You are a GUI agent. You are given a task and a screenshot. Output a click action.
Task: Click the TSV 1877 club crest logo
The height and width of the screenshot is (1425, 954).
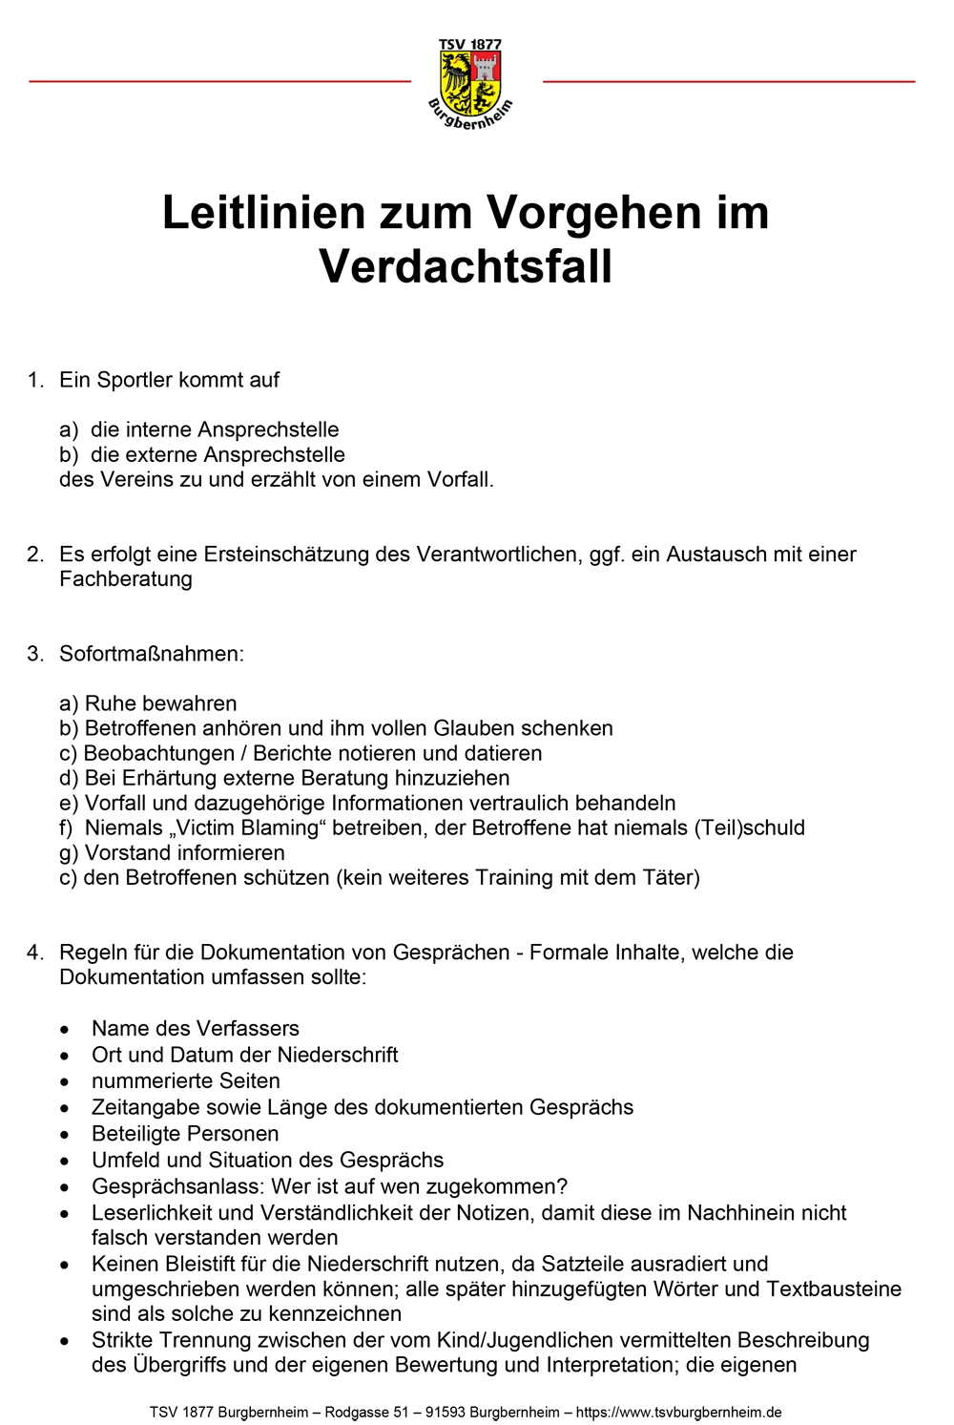click(470, 84)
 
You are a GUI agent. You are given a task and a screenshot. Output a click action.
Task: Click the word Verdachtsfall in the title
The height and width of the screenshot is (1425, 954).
click(466, 266)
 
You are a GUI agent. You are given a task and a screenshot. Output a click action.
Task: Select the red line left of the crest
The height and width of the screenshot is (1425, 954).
click(219, 82)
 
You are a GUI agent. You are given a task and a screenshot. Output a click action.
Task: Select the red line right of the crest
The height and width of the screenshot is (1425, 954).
click(729, 82)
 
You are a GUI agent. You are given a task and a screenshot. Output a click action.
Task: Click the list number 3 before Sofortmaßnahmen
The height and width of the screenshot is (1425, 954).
click(34, 654)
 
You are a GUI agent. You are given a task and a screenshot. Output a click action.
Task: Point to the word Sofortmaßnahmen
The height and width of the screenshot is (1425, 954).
click(152, 654)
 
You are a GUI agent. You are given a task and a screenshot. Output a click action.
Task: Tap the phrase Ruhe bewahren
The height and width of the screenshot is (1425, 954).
click(160, 703)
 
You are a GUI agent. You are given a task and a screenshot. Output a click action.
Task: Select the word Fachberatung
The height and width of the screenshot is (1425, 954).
click(126, 579)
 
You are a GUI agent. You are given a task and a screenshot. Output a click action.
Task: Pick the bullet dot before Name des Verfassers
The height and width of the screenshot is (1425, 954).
click(65, 1030)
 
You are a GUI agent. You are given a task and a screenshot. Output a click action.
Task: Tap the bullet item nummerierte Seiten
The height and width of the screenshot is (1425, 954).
click(186, 1080)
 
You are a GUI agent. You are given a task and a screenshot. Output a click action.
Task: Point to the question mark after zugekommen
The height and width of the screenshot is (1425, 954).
click(562, 1186)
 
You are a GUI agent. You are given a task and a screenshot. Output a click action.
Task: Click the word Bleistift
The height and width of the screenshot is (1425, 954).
click(197, 1264)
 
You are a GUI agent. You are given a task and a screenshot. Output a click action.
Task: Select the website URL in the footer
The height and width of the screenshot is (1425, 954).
click(679, 1412)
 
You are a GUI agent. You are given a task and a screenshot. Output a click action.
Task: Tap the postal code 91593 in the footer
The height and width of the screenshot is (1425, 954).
click(446, 1412)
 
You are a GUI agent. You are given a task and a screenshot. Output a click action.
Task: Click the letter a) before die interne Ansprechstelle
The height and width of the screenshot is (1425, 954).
click(68, 430)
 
